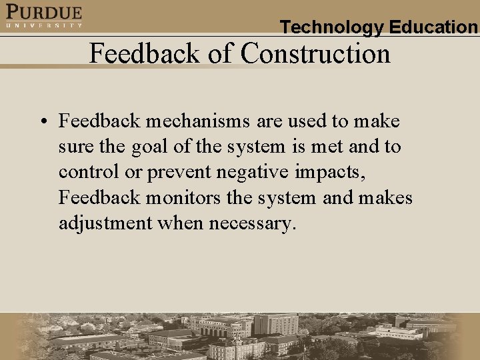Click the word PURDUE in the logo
(44, 12)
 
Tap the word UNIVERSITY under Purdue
(44, 25)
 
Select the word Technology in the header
(332, 27)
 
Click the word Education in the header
(433, 27)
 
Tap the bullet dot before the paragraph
(42, 122)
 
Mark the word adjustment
(105, 223)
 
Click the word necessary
(252, 223)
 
